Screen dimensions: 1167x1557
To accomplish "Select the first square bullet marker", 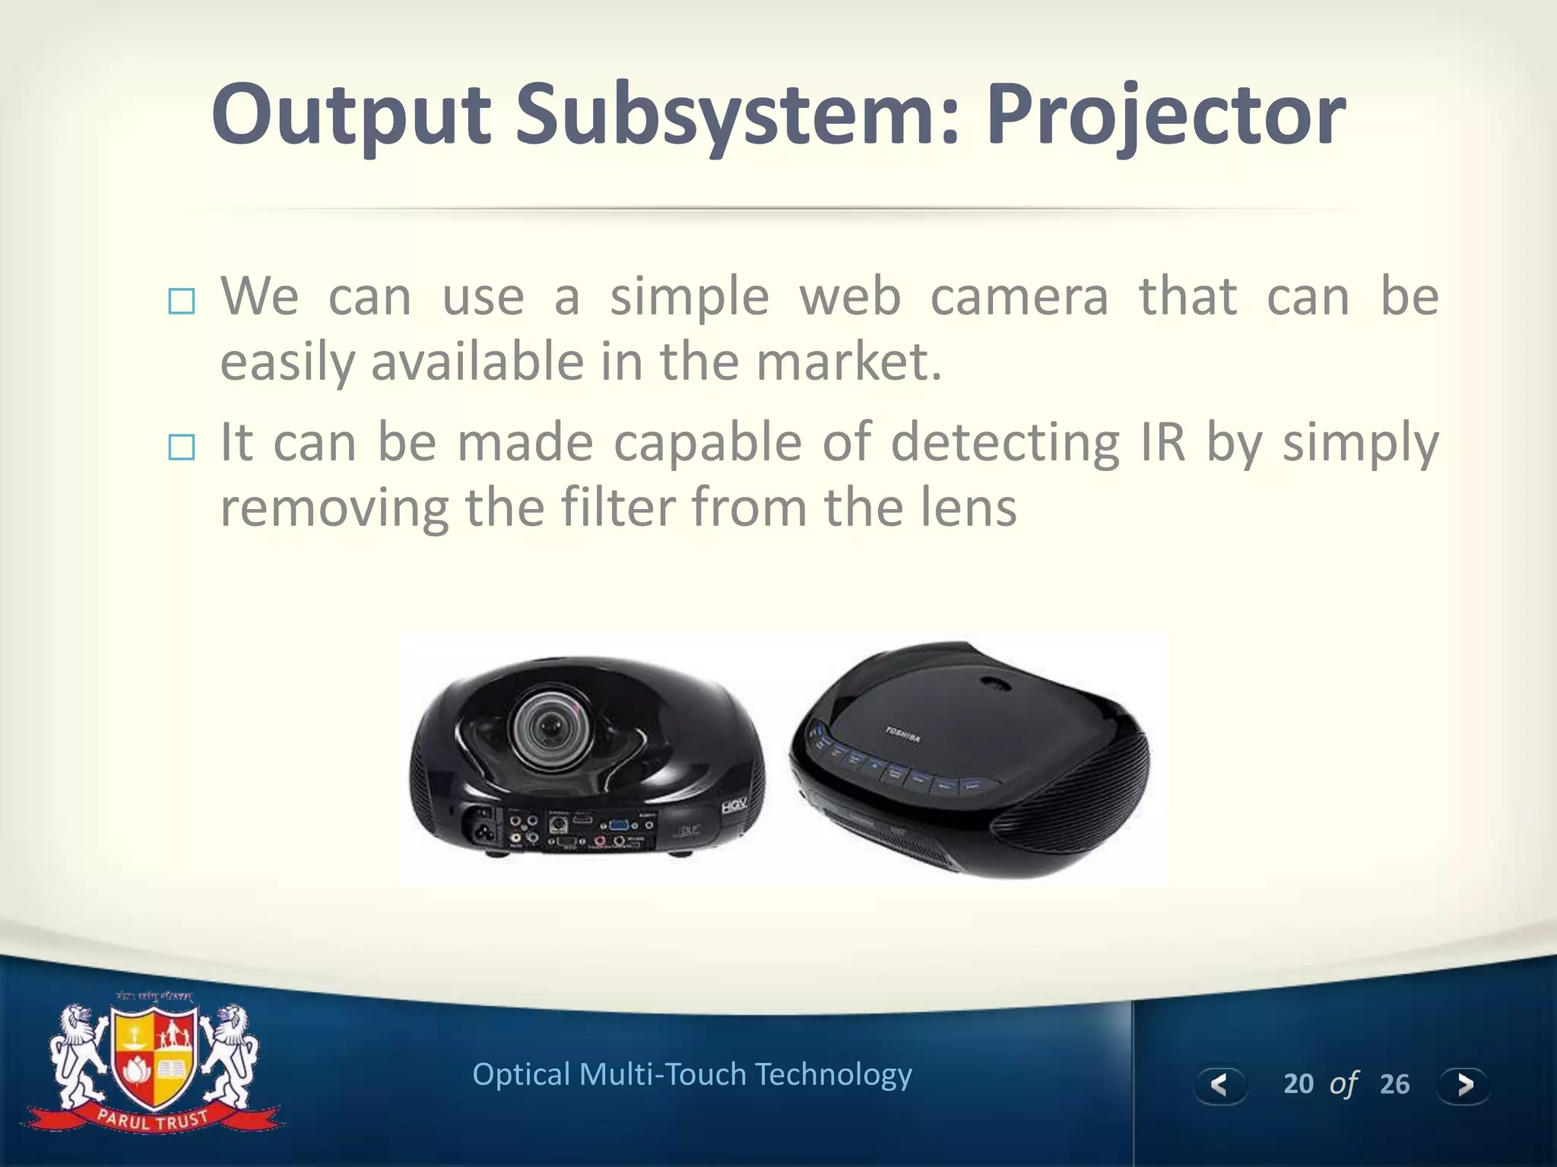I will point(182,302).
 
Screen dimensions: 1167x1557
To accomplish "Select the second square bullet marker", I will point(182,448).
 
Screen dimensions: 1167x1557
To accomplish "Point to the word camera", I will point(1020,297).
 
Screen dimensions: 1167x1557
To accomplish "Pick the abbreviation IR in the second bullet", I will point(1162,442).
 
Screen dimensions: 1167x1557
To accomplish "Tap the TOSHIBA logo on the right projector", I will point(902,734).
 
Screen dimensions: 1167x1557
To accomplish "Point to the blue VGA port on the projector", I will point(618,826).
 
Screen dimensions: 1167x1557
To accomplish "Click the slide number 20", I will point(1298,1084).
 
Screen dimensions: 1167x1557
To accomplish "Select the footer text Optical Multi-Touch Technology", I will point(692,1075).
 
